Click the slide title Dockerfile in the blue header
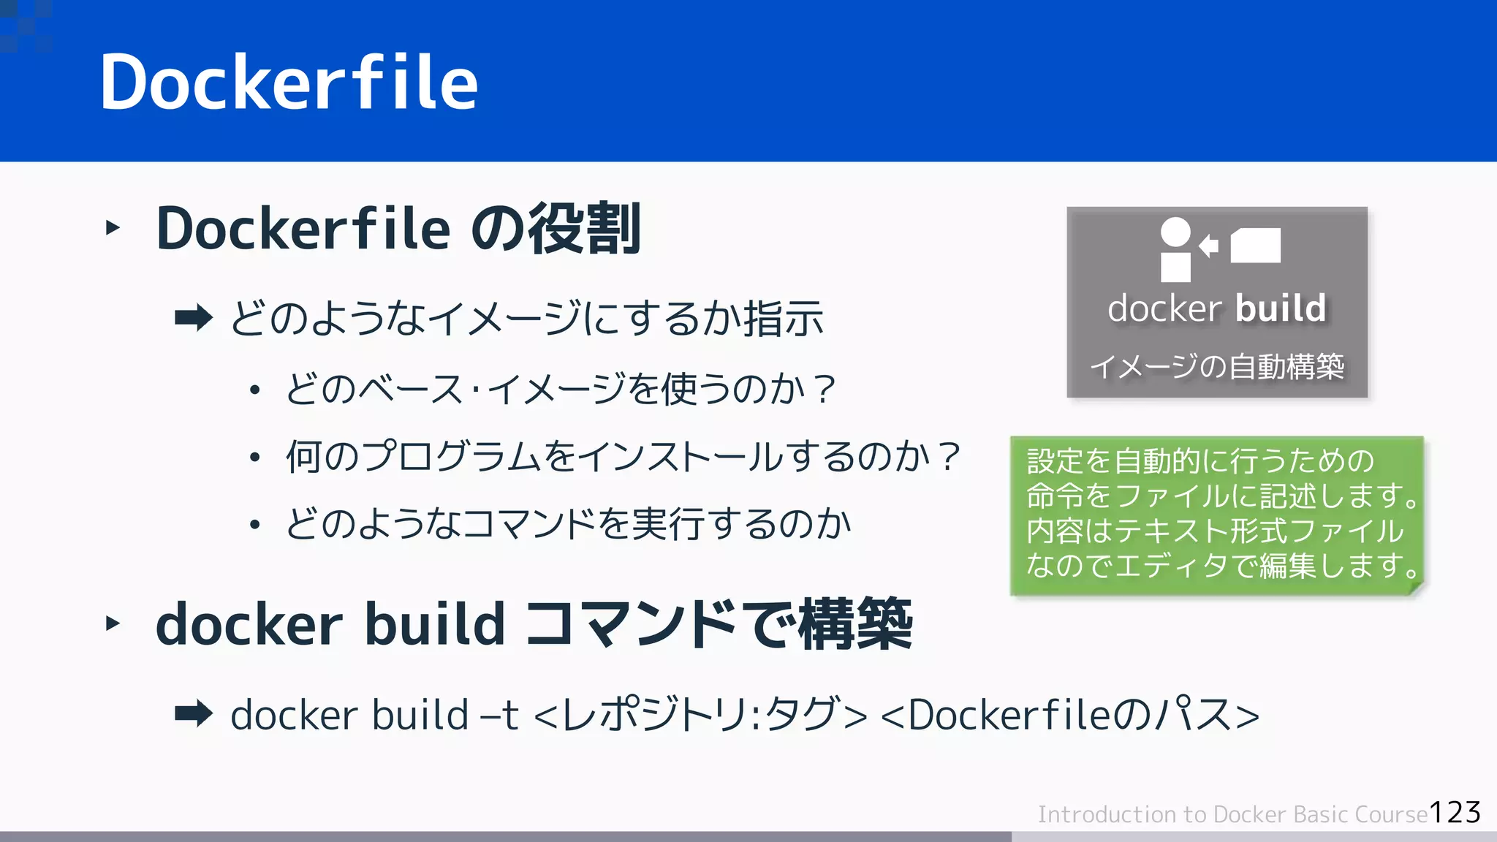[289, 82]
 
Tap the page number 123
[1455, 813]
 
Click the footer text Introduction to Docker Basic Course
[1232, 814]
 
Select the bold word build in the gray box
[1281, 308]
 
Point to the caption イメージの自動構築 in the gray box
[1217, 366]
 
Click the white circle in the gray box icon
[1175, 232]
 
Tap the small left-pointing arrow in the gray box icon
[1209, 245]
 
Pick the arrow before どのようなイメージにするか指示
[194, 318]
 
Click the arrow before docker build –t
[194, 714]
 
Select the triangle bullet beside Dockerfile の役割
[113, 228]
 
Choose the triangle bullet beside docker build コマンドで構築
[113, 623]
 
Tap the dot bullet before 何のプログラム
[254, 458]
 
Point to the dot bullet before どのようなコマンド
[254, 524]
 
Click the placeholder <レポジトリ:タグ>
[701, 715]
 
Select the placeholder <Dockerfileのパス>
[1070, 715]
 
